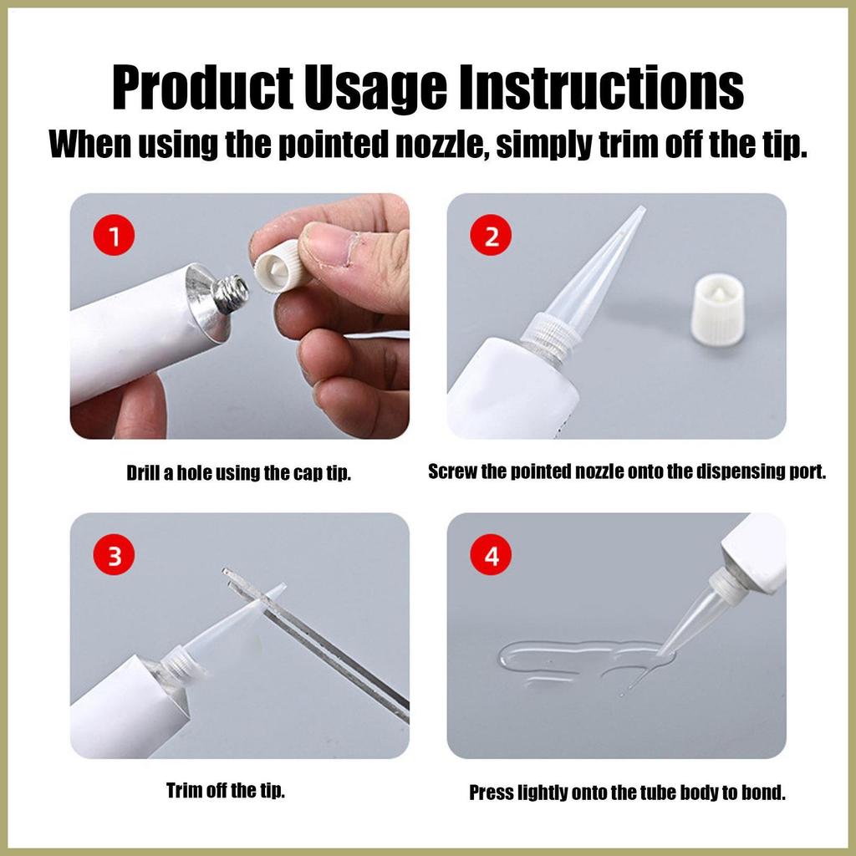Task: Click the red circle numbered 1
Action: pos(114,235)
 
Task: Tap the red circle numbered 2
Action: pos(492,235)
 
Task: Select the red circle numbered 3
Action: pos(114,555)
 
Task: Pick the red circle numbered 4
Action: pos(492,555)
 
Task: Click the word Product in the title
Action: pos(202,88)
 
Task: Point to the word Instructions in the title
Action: pos(601,88)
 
